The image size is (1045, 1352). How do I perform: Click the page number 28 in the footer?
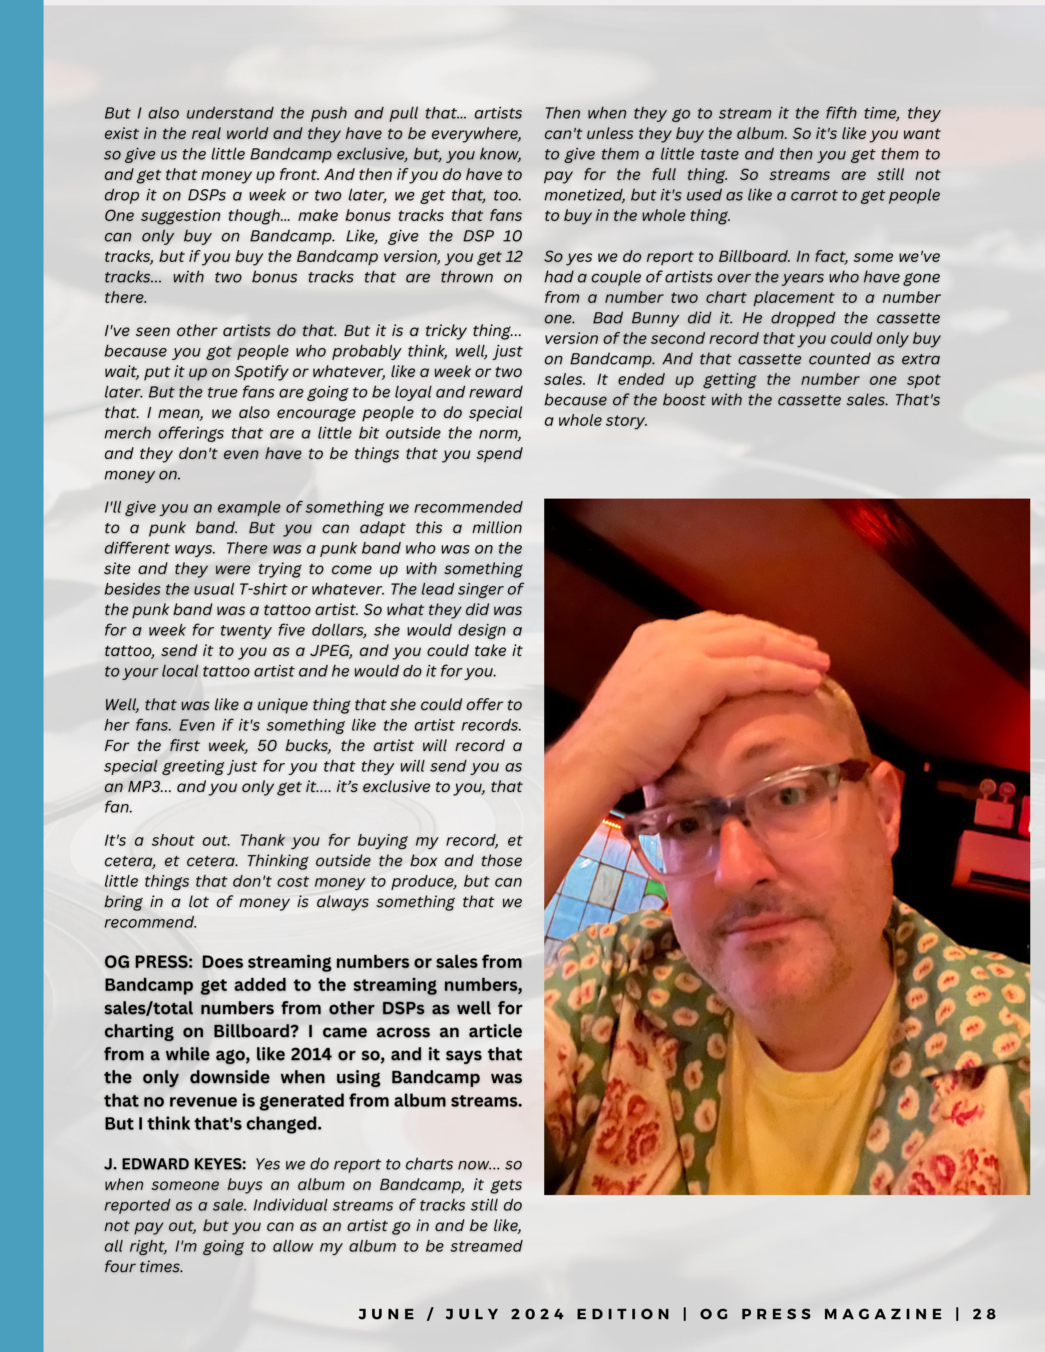(x=985, y=1314)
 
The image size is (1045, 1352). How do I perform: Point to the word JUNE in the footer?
(x=387, y=1314)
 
